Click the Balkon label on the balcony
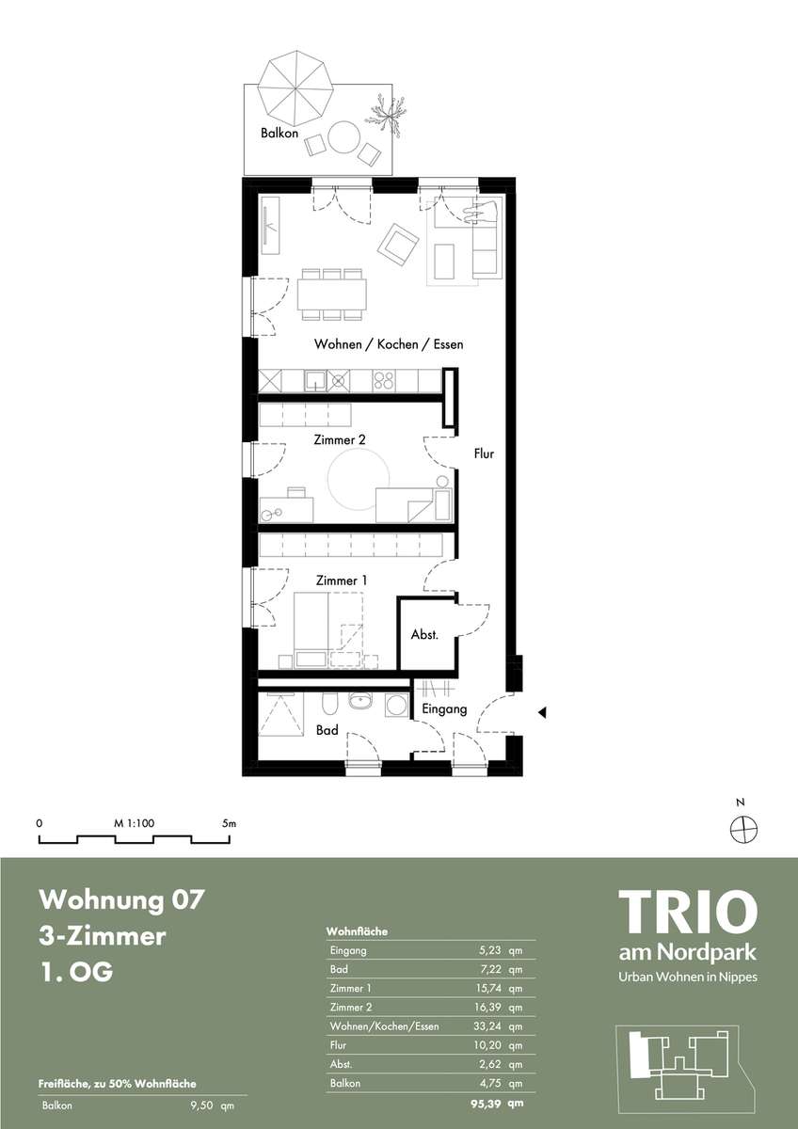click(x=279, y=133)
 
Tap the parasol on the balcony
click(x=295, y=88)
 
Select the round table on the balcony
click(x=343, y=136)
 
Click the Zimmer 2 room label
click(x=340, y=439)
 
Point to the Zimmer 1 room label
click(x=342, y=580)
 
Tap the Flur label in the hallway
click(x=484, y=453)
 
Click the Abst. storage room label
click(x=424, y=634)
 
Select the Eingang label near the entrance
click(x=444, y=709)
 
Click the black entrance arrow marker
click(x=542, y=713)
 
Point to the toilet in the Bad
click(x=327, y=704)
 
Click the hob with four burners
click(x=384, y=380)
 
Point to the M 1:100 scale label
click(x=134, y=823)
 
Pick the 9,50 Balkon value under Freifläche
click(x=203, y=1105)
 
